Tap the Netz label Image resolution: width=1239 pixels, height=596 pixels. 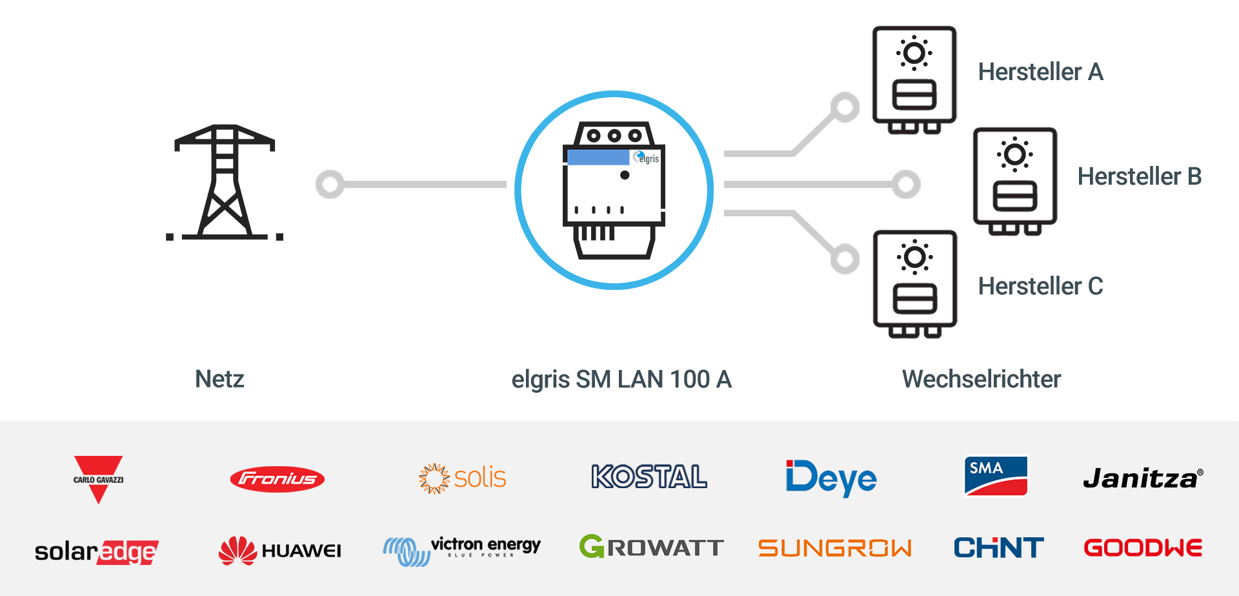coord(219,379)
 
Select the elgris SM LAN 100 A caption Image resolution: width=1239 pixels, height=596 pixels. coord(621,379)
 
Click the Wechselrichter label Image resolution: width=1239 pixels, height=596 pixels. coord(981,379)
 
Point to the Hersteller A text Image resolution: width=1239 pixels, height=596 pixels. coord(1040,72)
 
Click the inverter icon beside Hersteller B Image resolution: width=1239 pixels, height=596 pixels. coord(1015,181)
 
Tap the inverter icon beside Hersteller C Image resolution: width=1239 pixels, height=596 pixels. coord(914,283)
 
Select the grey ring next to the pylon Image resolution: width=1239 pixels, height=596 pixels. coord(330,185)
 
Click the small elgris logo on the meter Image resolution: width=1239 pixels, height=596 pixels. coord(647,158)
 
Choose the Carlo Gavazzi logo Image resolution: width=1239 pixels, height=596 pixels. coord(98,479)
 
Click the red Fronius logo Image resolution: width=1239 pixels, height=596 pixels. coord(277,479)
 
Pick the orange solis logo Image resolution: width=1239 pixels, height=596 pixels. coord(462,478)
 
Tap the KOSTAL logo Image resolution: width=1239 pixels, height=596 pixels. coord(649,477)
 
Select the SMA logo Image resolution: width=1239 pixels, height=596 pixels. coord(995,476)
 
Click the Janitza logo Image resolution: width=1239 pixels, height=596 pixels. coord(1142,478)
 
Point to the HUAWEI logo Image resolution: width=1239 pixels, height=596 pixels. coord(280,550)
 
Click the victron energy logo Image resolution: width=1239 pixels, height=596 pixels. coord(462,550)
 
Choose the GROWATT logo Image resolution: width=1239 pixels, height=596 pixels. coord(651,548)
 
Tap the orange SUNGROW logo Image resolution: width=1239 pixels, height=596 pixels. coord(834,548)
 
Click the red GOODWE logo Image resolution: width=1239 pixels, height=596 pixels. coord(1142,548)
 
